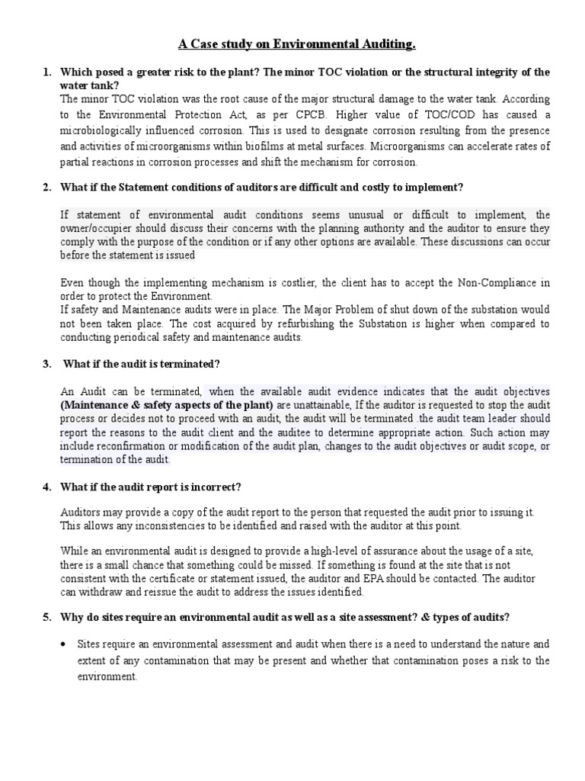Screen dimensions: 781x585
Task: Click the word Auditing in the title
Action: click(x=381, y=45)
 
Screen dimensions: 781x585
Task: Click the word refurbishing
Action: click(x=277, y=324)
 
